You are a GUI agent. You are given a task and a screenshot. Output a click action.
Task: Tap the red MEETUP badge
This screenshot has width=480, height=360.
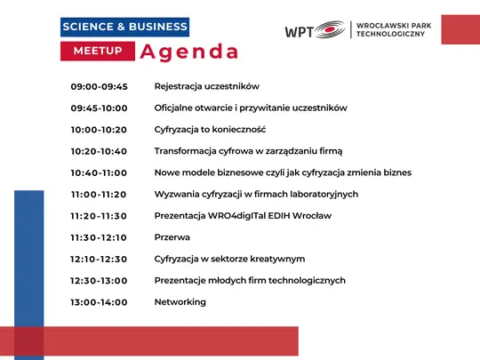(98, 52)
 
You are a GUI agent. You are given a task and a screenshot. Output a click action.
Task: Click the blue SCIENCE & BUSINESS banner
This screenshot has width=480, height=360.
(124, 27)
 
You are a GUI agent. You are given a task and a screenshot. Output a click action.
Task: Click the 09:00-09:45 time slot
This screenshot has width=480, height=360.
(100, 86)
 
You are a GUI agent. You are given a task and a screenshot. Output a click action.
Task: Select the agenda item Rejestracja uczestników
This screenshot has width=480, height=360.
(206, 86)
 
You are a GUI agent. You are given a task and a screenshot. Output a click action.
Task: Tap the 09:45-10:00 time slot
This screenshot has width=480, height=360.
(100, 108)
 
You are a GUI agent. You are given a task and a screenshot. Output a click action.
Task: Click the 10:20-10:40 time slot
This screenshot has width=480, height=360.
(100, 151)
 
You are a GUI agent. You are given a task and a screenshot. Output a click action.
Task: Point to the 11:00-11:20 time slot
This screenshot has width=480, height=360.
(100, 194)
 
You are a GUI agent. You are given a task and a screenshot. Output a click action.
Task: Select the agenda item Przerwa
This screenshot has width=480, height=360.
(172, 237)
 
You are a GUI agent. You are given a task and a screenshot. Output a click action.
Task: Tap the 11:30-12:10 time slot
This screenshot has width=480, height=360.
(100, 237)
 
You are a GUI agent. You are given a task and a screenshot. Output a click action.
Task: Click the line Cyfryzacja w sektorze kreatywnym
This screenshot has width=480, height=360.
(229, 259)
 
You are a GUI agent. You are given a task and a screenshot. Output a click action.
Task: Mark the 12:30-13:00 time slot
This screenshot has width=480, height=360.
(100, 281)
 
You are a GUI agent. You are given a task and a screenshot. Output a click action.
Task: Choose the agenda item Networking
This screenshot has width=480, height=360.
(180, 302)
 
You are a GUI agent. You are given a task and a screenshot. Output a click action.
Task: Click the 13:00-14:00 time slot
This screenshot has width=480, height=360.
(100, 302)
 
